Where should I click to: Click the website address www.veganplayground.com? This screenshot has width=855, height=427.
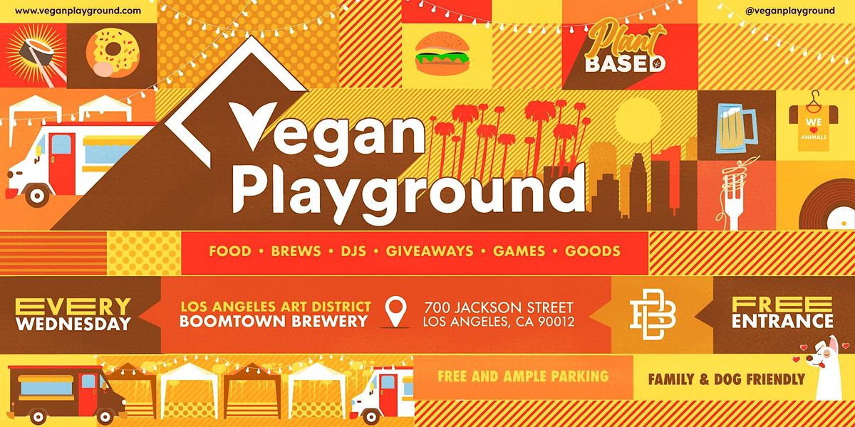point(78,11)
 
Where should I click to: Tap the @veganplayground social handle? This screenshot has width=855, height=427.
point(789,11)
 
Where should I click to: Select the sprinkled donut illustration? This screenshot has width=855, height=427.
point(113,53)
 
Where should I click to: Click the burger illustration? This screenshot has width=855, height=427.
point(442,53)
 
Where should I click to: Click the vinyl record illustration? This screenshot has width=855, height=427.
point(826,205)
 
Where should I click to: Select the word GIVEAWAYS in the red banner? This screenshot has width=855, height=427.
point(430,251)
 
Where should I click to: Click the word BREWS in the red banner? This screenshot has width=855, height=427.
point(296,251)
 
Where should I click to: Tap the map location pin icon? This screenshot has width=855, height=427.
point(396,312)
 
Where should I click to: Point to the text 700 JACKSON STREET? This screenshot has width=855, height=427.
point(499,307)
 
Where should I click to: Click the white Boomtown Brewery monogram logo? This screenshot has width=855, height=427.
point(653,314)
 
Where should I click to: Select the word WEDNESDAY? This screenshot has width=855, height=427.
point(73,324)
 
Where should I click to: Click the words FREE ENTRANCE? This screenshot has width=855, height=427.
point(782,312)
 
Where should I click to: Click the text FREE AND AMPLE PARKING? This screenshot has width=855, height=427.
point(523,376)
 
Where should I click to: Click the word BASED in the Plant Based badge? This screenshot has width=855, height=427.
point(625,65)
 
